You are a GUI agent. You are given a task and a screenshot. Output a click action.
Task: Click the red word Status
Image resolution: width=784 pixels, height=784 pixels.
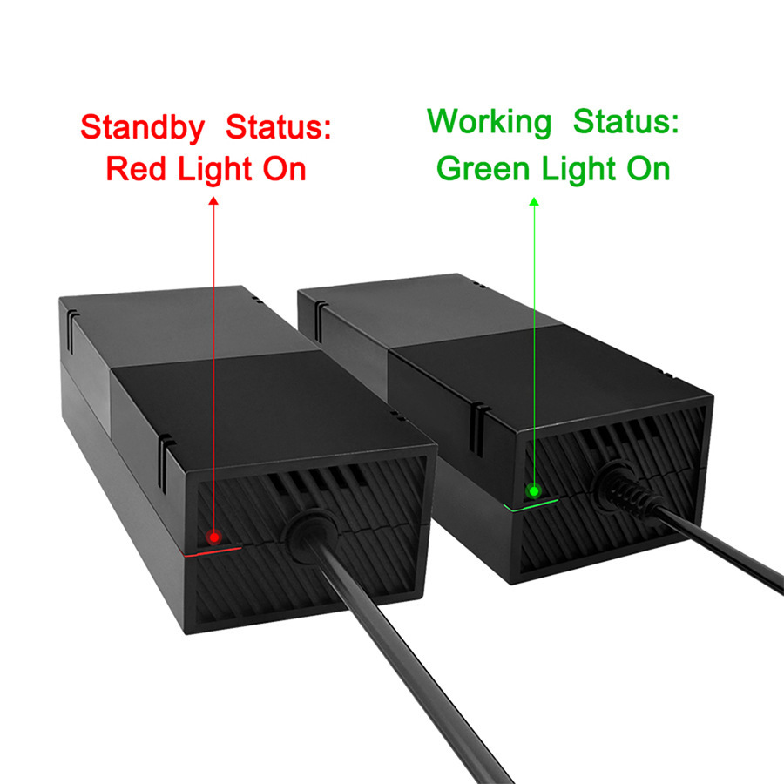point(279,128)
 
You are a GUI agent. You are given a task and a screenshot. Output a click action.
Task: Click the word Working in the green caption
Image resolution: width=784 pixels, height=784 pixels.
point(490,123)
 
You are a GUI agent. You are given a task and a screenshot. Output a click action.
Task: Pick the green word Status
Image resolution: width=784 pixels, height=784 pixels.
point(625,123)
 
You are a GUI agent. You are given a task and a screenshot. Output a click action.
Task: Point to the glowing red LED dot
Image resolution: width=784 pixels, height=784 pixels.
point(213,535)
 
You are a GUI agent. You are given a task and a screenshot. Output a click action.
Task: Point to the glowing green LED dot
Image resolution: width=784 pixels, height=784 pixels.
point(533,489)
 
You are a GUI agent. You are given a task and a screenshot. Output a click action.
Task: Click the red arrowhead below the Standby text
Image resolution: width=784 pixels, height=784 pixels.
point(213,201)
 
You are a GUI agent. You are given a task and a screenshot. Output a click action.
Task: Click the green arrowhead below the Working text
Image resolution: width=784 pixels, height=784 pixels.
point(534,201)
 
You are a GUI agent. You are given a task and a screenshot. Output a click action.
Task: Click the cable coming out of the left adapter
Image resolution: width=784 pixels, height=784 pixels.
point(409,662)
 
